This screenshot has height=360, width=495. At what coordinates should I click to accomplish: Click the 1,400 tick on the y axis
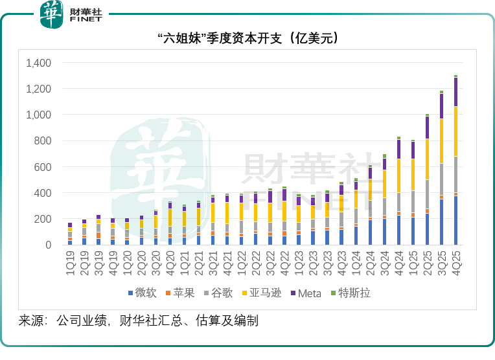coord(38,63)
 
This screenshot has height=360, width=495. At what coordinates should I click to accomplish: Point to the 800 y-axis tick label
coord(43,141)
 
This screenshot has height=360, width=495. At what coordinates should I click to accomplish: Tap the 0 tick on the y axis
coord(48,245)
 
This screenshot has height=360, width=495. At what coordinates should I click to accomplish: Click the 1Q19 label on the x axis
coord(70,262)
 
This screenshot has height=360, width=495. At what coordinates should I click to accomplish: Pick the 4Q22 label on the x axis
coord(284,262)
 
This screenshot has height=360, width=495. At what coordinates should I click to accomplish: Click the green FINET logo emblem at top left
coord(52,14)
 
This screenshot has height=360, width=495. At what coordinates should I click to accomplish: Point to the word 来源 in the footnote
coord(30,321)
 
